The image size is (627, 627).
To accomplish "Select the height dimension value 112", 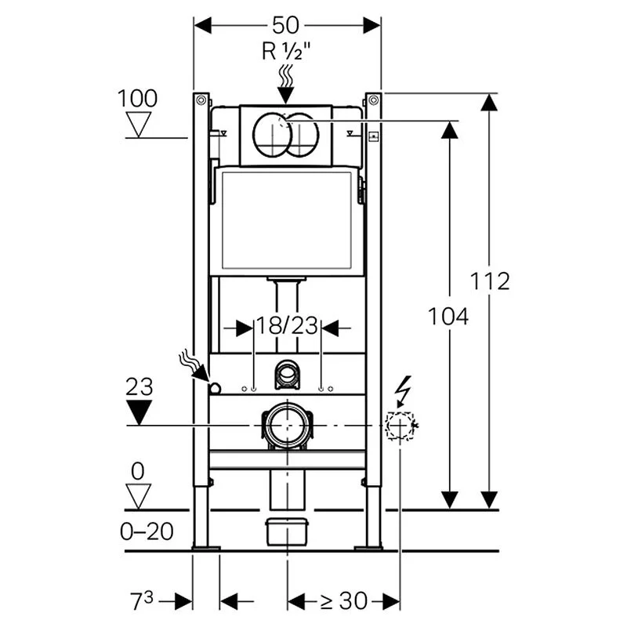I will [x=490, y=281].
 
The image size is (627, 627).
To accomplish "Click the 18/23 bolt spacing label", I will [x=287, y=327].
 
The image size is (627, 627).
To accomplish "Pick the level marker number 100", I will [x=137, y=99].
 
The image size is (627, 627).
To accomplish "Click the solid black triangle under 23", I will [x=139, y=411].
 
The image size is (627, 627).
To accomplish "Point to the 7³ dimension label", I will [x=142, y=601].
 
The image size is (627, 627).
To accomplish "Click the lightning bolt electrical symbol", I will [x=404, y=387].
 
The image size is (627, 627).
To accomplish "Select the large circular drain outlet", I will [x=286, y=426].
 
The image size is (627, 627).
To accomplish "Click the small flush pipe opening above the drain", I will [x=287, y=375].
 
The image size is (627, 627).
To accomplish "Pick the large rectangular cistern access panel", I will [x=286, y=223].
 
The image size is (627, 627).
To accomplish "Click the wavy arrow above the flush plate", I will [x=286, y=83].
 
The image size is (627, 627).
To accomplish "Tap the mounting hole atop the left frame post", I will [x=201, y=100].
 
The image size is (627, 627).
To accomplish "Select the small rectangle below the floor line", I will [x=286, y=532].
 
